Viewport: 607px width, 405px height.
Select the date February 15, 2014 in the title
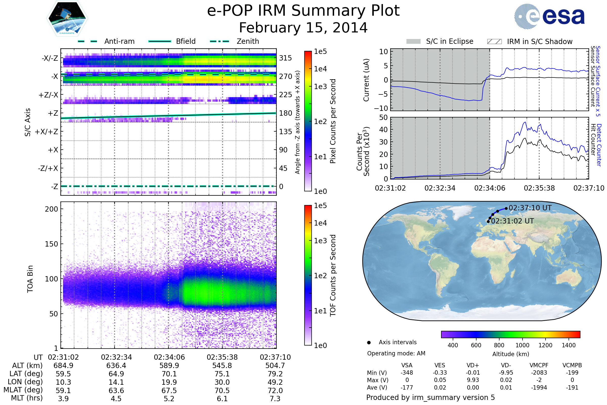(303, 28)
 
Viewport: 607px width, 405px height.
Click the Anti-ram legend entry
(119, 41)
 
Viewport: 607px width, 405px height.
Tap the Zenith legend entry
(248, 41)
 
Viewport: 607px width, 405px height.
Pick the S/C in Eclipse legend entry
(449, 41)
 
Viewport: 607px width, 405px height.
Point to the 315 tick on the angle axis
(285, 58)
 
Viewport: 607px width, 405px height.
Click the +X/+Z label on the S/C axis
(47, 132)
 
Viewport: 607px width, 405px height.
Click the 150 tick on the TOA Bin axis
(51, 244)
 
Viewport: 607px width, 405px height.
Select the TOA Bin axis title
(30, 279)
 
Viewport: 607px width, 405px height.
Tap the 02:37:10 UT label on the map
(530, 208)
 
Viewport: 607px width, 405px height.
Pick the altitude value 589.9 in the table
(169, 366)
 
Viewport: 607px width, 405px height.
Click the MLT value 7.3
(275, 398)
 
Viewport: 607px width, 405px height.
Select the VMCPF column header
(539, 365)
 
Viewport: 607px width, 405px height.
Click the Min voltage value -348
(407, 373)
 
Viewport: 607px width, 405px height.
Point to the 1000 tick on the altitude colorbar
(522, 345)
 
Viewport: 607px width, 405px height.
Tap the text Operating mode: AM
(396, 353)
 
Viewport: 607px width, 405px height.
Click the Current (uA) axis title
(366, 80)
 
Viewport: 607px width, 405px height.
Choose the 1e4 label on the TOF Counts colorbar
(320, 223)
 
